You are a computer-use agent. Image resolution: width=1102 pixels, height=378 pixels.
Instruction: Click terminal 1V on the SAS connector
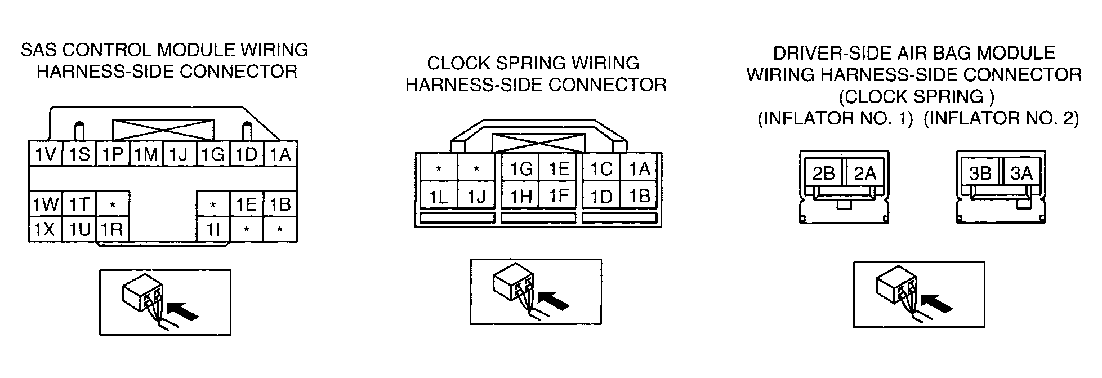coord(46,154)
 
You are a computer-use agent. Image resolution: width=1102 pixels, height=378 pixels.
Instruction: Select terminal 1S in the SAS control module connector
coord(79,154)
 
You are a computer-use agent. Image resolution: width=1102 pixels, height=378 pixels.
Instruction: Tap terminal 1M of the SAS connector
coord(146,154)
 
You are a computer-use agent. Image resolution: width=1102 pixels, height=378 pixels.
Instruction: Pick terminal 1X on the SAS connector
coord(46,229)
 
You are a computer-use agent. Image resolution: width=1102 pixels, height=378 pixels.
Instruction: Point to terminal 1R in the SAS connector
coord(113,229)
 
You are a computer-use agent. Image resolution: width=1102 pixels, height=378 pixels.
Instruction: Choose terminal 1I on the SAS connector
coord(213,229)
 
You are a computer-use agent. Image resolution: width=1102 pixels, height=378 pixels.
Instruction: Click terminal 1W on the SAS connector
coord(46,204)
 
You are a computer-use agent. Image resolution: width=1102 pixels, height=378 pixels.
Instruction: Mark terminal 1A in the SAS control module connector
coord(280,154)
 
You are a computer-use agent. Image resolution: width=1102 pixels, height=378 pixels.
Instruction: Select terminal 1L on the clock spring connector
coord(439,197)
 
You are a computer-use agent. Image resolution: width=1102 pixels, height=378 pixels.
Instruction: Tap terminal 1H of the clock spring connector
coord(520,197)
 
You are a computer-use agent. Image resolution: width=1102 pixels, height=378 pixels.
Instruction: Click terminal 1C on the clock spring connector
coord(601,168)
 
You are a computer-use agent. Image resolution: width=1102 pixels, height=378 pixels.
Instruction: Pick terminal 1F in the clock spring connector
coord(557,197)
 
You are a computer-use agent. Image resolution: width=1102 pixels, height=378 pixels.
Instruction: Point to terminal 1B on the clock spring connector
coord(639,197)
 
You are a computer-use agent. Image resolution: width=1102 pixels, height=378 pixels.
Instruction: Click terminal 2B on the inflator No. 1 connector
coord(823,173)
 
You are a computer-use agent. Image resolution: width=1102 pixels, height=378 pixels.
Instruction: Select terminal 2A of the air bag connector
coord(864,173)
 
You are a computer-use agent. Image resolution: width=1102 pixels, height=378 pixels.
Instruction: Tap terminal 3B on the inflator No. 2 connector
coord(980,173)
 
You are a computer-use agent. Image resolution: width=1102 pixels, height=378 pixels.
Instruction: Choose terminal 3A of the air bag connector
coord(1021,173)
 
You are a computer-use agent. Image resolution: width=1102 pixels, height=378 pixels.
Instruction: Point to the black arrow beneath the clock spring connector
coord(554,300)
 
